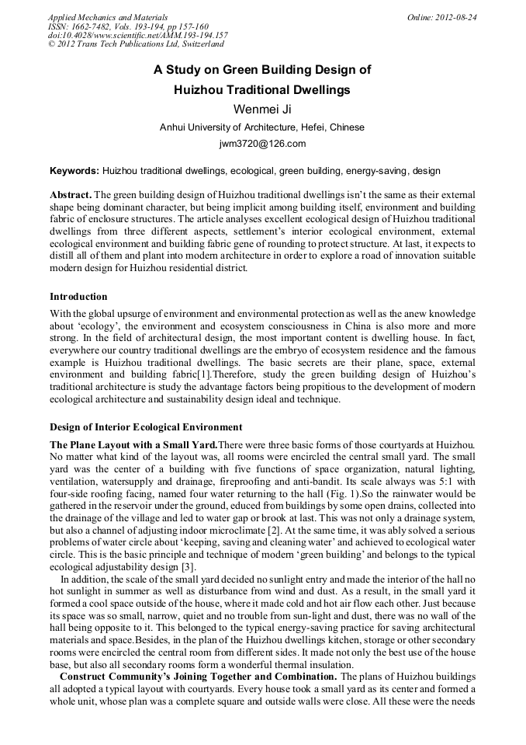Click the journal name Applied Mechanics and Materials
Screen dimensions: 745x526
[x=107, y=16]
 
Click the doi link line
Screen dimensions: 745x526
[x=137, y=35]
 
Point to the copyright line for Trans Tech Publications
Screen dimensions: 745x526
[x=136, y=44]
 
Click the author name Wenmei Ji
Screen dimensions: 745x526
[x=261, y=109]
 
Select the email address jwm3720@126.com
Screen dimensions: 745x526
[x=262, y=144]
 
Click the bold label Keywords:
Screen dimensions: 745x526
[x=74, y=170]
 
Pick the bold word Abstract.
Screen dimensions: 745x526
[x=71, y=193]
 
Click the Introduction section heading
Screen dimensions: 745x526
[x=78, y=297]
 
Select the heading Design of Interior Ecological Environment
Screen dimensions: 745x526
[x=146, y=427]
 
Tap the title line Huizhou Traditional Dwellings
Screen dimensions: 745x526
[x=262, y=89]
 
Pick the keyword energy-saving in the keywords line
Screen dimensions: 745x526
[x=376, y=170]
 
